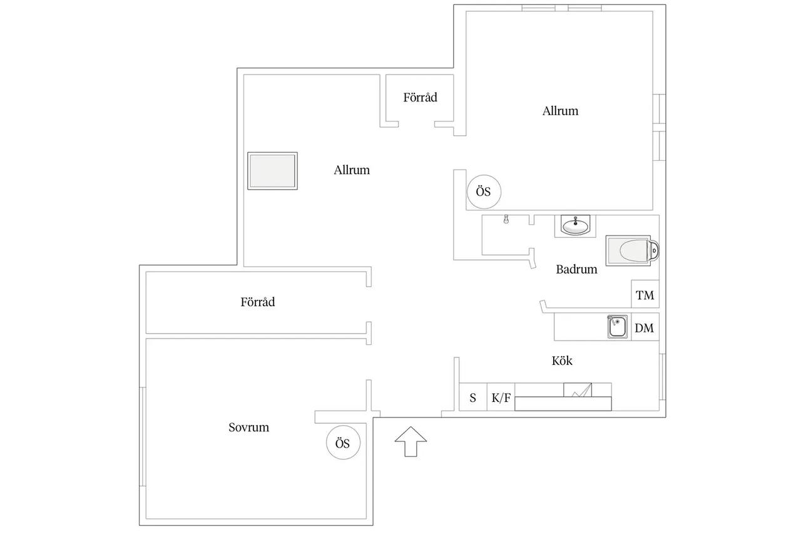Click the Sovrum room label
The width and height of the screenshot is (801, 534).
pos(249,428)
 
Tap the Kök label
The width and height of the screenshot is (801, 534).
pos(562,361)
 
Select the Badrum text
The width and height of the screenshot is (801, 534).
pos(576,269)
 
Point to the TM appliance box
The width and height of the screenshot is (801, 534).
pos(645,294)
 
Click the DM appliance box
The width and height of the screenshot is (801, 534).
pos(645,327)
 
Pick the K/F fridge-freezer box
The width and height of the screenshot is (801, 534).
pos(501,397)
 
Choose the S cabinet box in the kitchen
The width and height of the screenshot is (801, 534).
pos(473,397)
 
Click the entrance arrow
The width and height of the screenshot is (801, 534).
pos(411,441)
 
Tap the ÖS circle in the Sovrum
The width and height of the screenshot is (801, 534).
pos(343,443)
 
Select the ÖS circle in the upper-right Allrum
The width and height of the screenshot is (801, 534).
pos(484,192)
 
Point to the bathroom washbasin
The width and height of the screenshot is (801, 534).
pos(575,226)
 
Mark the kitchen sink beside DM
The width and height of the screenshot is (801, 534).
pos(617,327)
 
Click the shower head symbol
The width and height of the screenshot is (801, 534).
pos(506,219)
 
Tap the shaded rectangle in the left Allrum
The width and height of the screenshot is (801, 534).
pos(272,171)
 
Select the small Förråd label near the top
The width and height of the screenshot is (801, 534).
pos(420,97)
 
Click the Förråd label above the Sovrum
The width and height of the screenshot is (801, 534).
pos(257,302)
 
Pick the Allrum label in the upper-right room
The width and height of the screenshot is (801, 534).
pos(560,111)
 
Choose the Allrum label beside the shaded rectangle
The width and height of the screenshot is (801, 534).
pos(352,170)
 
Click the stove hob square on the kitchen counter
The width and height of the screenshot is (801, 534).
pos(578,390)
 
